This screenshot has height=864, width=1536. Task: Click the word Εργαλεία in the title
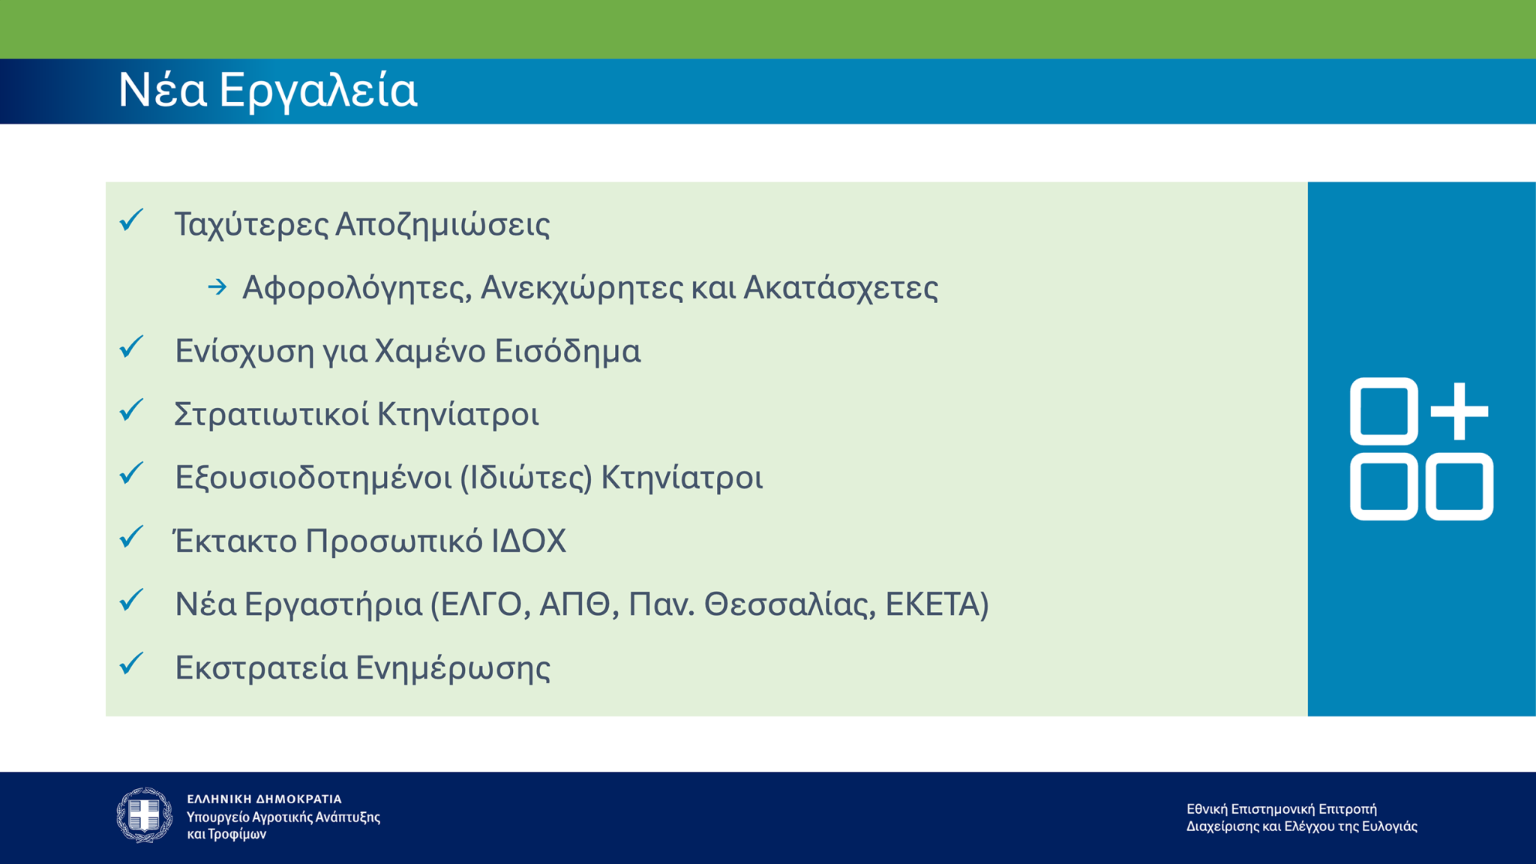click(x=318, y=91)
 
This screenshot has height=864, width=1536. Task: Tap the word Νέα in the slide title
click(x=162, y=90)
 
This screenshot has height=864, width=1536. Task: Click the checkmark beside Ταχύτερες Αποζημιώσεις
click(x=132, y=220)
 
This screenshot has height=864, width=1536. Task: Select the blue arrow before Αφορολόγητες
click(x=217, y=287)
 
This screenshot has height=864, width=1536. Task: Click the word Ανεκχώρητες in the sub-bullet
click(x=581, y=288)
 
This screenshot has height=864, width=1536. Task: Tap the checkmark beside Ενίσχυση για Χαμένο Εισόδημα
click(x=132, y=347)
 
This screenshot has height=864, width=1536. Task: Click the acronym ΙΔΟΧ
click(x=529, y=541)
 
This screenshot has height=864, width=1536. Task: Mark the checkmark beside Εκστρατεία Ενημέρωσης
click(x=132, y=664)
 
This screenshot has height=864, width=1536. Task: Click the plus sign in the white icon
click(x=1459, y=411)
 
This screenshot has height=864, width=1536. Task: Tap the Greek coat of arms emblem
click(x=144, y=815)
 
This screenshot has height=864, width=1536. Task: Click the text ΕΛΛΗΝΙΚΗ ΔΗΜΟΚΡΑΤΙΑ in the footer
click(x=264, y=799)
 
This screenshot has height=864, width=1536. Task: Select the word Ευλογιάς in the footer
click(x=1389, y=826)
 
